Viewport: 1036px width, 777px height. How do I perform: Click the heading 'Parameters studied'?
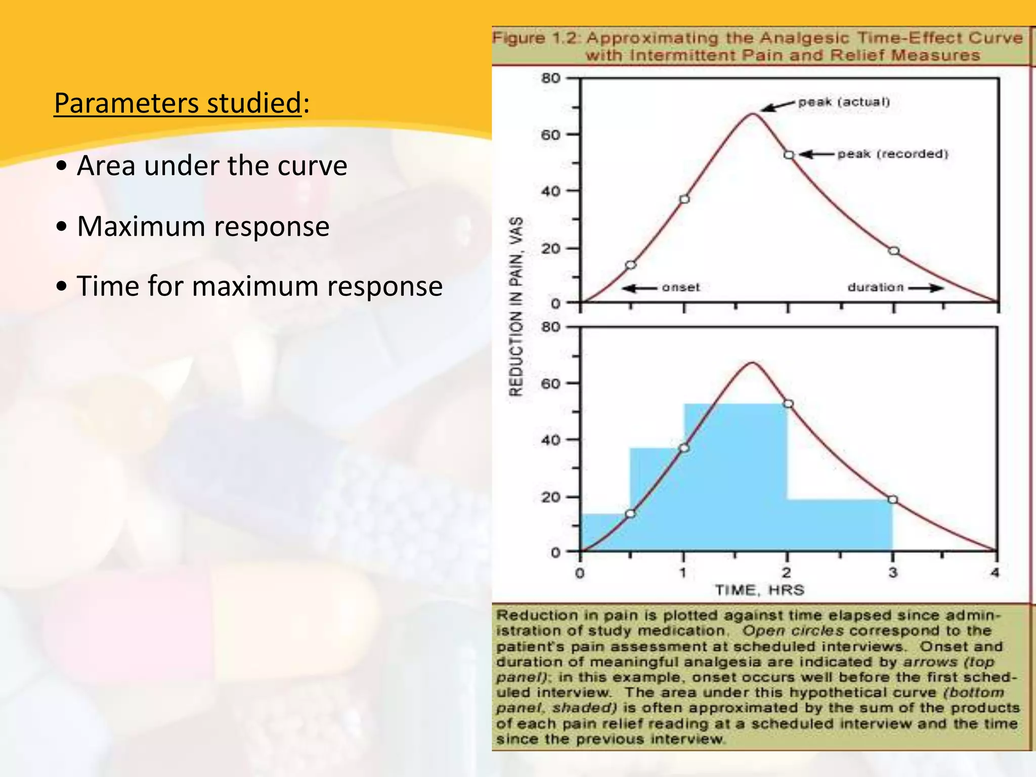(x=178, y=103)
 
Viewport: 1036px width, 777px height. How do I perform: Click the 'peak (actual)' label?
(x=844, y=102)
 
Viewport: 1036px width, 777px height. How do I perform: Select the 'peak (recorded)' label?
(x=892, y=154)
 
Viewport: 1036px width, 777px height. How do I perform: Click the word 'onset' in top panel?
(x=681, y=287)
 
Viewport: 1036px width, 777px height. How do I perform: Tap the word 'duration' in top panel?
(x=875, y=287)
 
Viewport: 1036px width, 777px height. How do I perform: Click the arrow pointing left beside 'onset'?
(x=639, y=288)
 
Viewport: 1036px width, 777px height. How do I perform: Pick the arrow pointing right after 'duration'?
(x=927, y=288)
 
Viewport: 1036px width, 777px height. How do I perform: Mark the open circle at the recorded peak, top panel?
(x=789, y=155)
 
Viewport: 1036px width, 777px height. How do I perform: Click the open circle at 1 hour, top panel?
(x=684, y=199)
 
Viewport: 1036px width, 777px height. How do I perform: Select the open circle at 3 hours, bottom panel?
(x=893, y=500)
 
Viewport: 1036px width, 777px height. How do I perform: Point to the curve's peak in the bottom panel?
(x=753, y=363)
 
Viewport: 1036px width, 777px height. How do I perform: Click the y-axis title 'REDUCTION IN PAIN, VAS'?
(x=515, y=307)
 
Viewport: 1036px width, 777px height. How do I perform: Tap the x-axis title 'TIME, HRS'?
(x=759, y=590)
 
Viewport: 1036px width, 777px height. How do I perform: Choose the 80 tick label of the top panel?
(x=551, y=78)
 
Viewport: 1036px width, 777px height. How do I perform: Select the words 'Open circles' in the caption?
(x=793, y=631)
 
